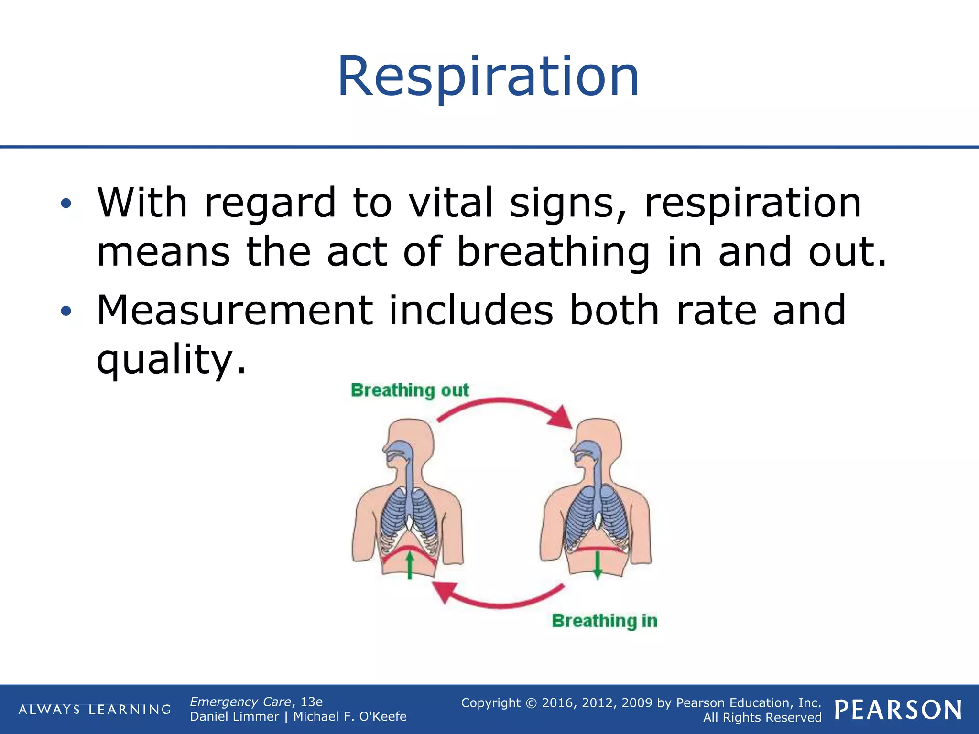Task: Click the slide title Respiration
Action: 488,76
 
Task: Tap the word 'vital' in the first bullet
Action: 451,203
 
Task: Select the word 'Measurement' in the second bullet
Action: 235,311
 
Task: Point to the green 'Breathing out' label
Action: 410,390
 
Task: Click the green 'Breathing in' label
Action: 604,621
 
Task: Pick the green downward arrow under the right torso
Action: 597,566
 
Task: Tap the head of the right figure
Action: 599,442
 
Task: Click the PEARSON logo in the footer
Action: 898,710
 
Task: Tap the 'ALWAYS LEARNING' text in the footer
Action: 95,710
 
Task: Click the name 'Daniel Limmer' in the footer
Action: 234,717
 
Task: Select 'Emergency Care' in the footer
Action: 240,702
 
